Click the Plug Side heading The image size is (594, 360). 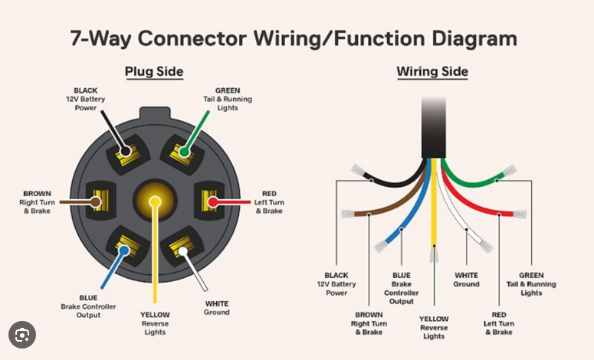(x=154, y=72)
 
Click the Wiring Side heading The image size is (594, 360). (x=432, y=71)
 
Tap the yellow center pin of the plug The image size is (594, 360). (x=155, y=201)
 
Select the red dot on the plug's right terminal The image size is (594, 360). (x=213, y=201)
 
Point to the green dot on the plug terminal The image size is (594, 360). (x=184, y=152)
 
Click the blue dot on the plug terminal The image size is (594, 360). (x=124, y=250)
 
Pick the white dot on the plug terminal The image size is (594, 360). (x=183, y=251)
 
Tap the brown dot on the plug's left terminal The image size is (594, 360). (x=96, y=202)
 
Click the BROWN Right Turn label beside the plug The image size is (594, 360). (x=37, y=202)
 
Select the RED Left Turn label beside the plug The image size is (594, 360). (x=269, y=202)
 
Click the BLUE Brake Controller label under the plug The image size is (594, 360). (x=88, y=306)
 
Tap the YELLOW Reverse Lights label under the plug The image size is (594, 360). (x=155, y=323)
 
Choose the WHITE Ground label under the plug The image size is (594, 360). (x=217, y=308)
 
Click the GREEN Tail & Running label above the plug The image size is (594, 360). (x=228, y=99)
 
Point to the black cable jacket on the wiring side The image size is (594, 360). (x=434, y=127)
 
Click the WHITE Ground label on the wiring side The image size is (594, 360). (x=466, y=280)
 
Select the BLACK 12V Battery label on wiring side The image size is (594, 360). (x=336, y=284)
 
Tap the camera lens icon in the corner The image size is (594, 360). (x=22, y=335)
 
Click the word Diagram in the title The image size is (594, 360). (x=474, y=39)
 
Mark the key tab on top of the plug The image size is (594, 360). (x=155, y=113)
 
